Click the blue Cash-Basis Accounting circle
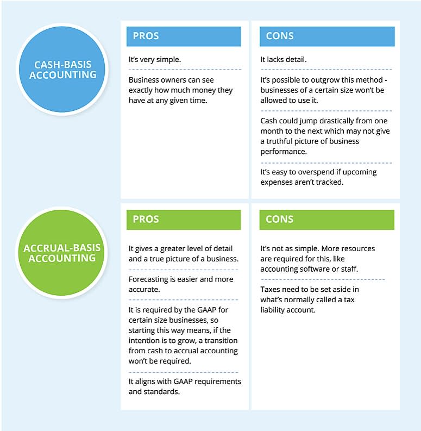click(62, 70)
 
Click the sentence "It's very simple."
click(154, 59)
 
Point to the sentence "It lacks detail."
click(284, 59)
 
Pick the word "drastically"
click(318, 121)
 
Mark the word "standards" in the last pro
click(161, 391)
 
